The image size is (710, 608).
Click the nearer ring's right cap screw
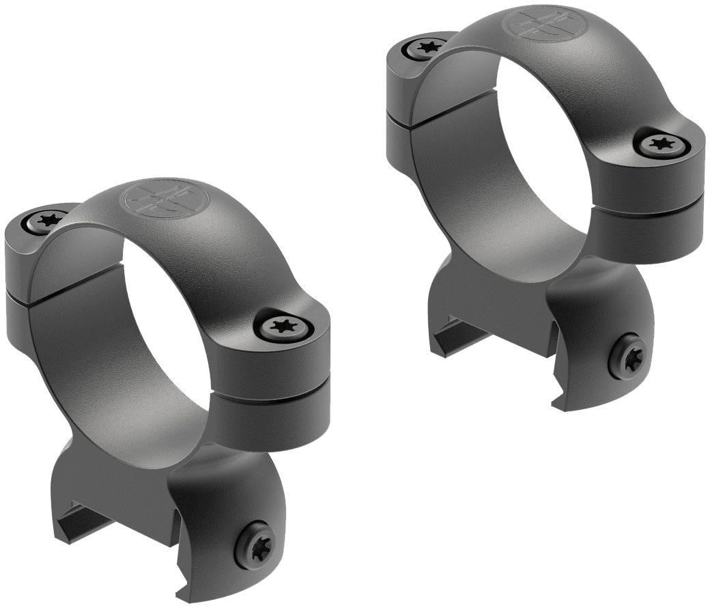click(x=283, y=327)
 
